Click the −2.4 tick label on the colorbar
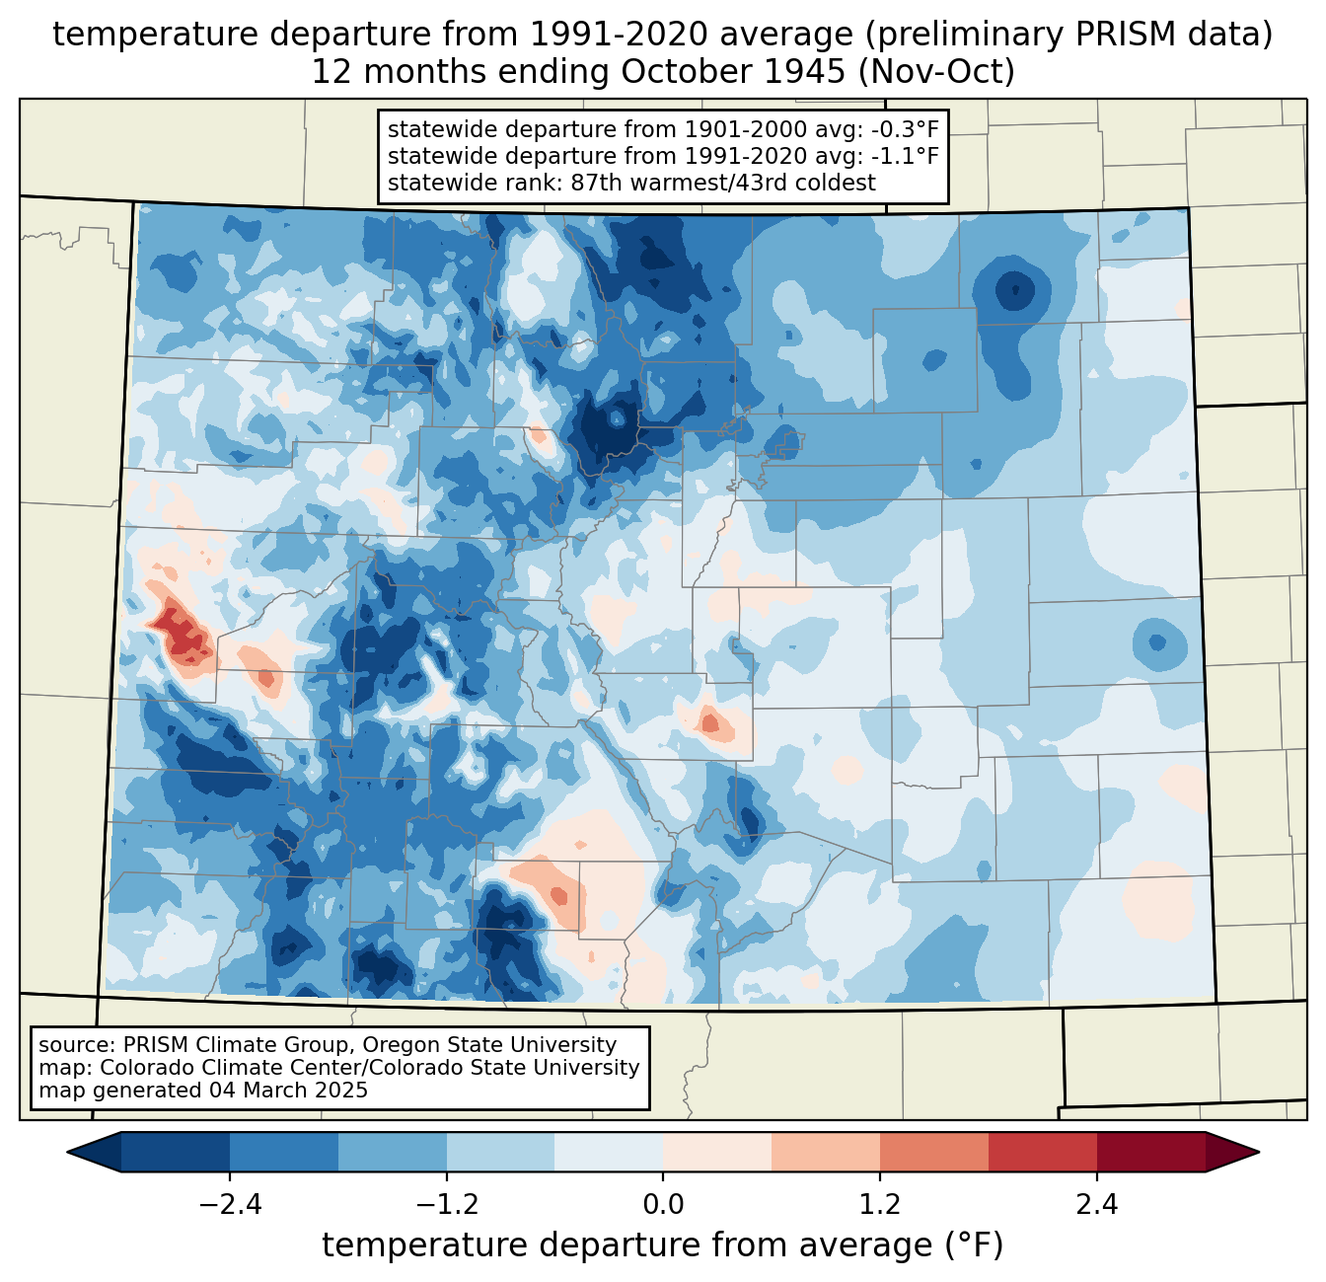(x=230, y=1204)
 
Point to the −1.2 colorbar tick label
(x=447, y=1204)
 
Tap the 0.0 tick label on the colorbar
(x=663, y=1204)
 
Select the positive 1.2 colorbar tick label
(x=880, y=1204)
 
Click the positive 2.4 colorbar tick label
(x=1097, y=1204)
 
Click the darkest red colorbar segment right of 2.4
(x=1151, y=1152)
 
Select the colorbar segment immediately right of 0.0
(x=717, y=1152)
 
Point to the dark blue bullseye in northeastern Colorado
(x=1014, y=290)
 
